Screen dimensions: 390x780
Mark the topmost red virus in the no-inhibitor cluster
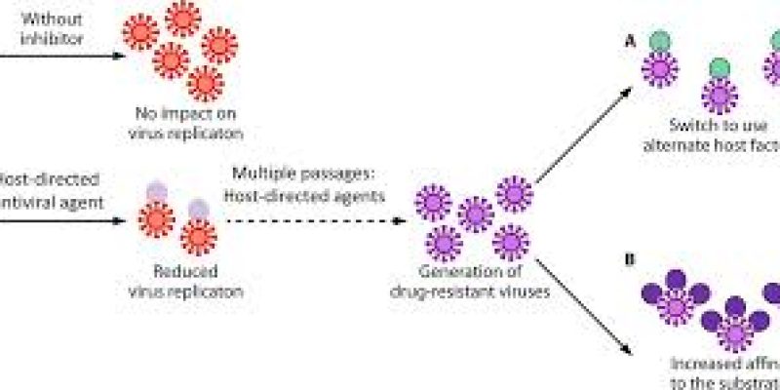click(x=181, y=17)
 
